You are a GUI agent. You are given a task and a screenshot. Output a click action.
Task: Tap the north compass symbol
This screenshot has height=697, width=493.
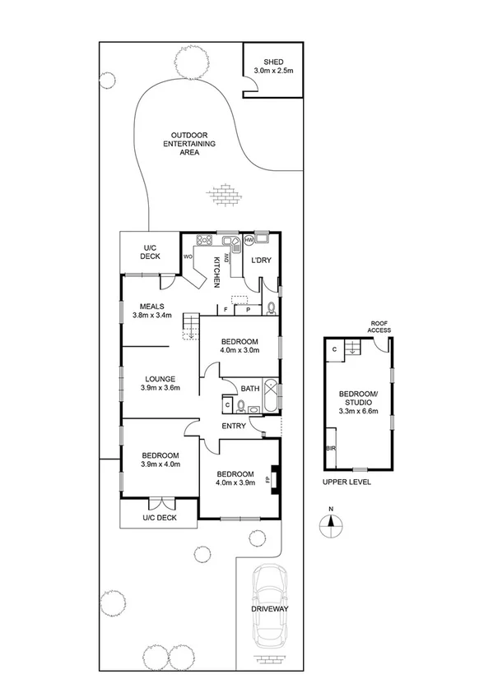click(x=332, y=525)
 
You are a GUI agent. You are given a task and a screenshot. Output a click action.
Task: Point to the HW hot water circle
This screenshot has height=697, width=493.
click(x=249, y=240)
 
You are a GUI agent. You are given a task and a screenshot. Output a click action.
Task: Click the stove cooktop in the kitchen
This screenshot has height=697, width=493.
click(x=203, y=241)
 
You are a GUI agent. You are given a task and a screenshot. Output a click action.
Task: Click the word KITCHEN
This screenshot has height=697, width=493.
click(x=217, y=271)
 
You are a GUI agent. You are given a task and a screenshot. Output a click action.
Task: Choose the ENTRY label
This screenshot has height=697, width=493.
click(x=235, y=425)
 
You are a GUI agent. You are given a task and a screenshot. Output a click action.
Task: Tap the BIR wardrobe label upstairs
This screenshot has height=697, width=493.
click(x=331, y=449)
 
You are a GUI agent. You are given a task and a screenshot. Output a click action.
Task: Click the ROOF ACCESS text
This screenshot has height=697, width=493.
click(x=380, y=326)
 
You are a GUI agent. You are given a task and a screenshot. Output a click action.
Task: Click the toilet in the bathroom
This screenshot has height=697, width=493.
click(x=241, y=405)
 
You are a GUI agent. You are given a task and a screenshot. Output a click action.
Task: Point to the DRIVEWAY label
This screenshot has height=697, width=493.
click(x=271, y=609)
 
